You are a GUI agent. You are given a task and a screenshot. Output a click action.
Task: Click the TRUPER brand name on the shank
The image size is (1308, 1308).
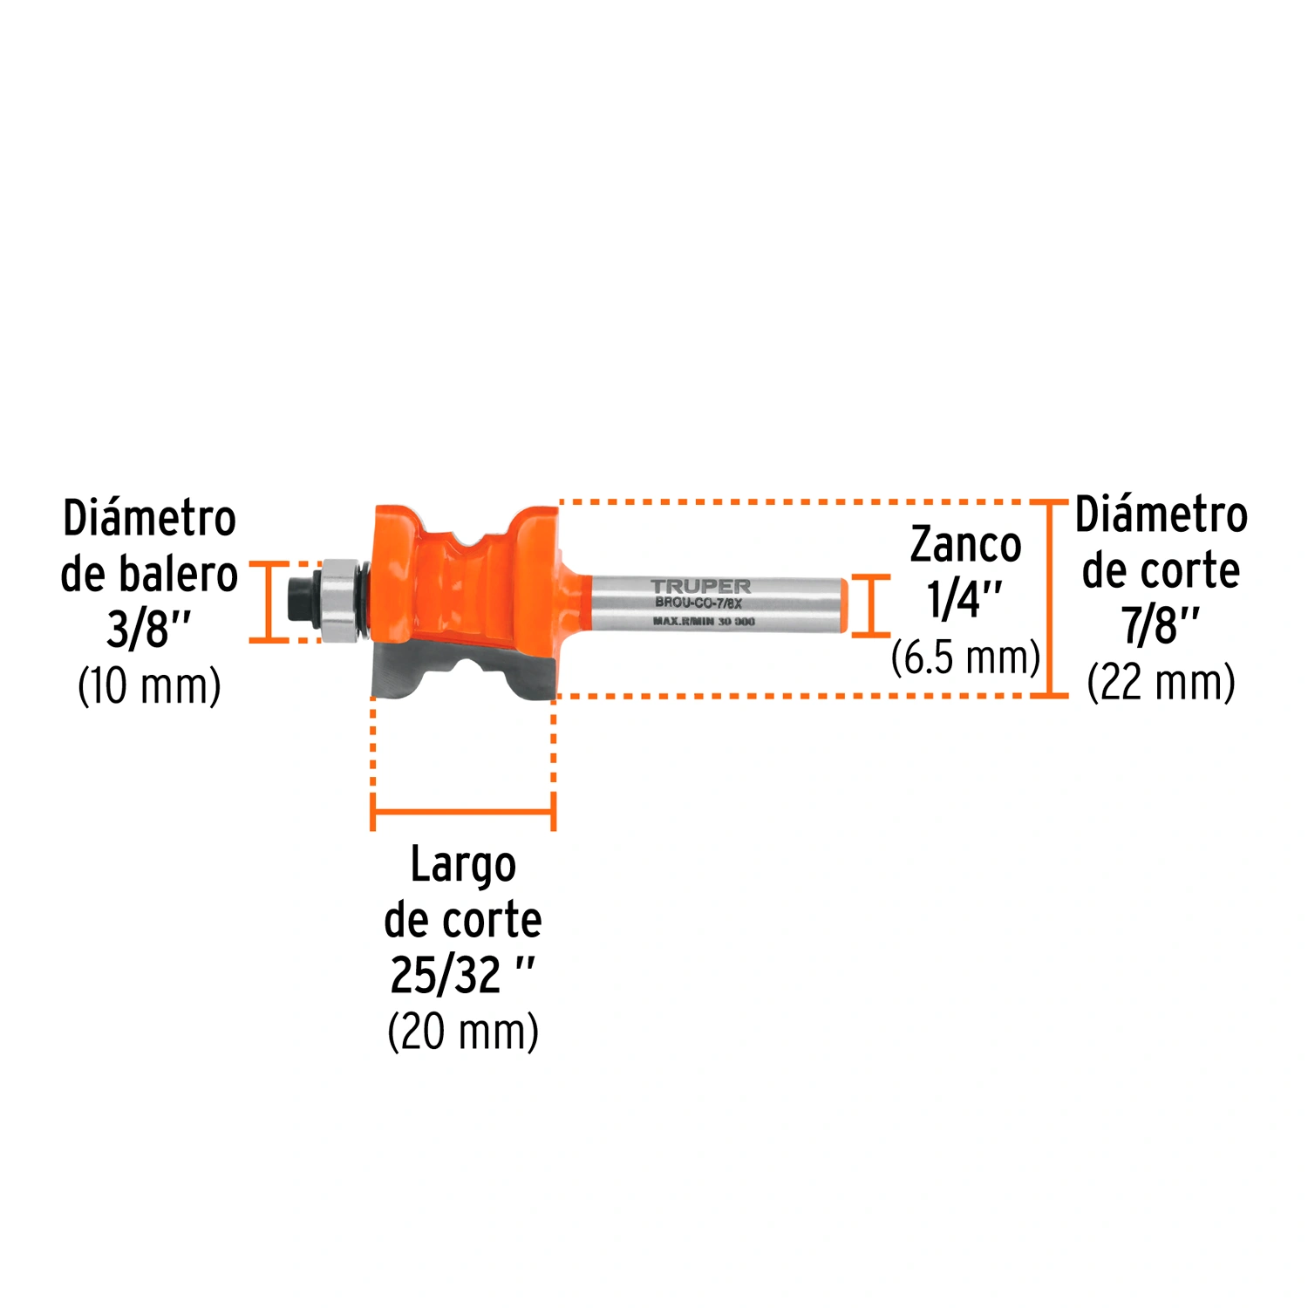tap(700, 586)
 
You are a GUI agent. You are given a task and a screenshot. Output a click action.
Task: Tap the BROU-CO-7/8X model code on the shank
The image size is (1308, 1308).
tap(698, 603)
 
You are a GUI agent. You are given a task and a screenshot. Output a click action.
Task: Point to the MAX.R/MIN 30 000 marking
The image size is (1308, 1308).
tap(704, 621)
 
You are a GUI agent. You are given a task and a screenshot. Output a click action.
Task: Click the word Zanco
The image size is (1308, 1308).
tap(965, 546)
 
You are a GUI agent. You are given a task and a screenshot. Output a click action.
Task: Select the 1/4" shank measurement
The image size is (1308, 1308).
tap(964, 601)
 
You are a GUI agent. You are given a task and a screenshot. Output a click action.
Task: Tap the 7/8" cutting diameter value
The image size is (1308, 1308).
tap(1161, 625)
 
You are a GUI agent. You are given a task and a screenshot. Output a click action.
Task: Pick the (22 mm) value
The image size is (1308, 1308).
tap(1161, 682)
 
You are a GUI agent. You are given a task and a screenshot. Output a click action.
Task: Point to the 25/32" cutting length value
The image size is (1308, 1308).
tap(462, 975)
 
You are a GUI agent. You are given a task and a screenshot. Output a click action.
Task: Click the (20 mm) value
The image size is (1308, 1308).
tap(463, 1032)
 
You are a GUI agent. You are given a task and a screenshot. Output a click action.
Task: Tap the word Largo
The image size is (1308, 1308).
tap(463, 866)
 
